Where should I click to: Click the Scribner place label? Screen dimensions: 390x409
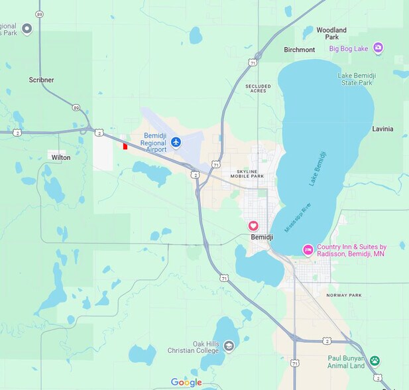coord(41,80)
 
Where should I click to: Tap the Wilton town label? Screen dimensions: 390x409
coord(60,157)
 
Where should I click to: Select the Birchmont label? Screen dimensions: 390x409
coord(299,50)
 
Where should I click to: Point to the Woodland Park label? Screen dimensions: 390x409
coord(331,34)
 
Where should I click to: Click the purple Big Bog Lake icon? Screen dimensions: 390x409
coord(378,48)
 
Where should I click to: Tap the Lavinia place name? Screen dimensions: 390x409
coord(382,129)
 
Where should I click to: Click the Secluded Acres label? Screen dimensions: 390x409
coord(259,88)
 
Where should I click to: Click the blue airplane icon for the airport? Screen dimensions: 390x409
coord(176,142)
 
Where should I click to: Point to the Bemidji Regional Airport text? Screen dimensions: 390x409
coord(146,143)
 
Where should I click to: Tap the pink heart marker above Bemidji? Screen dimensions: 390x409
coord(253,226)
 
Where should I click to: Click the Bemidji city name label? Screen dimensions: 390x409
coord(262,237)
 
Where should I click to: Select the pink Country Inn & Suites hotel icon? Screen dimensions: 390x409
coord(308,250)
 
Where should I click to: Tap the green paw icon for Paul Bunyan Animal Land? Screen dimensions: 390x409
coord(375,361)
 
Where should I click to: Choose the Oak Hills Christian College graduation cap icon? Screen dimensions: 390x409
coord(229,346)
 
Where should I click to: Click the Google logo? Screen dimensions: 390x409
coord(186,382)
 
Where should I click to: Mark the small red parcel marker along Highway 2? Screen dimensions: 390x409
coord(125,146)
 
